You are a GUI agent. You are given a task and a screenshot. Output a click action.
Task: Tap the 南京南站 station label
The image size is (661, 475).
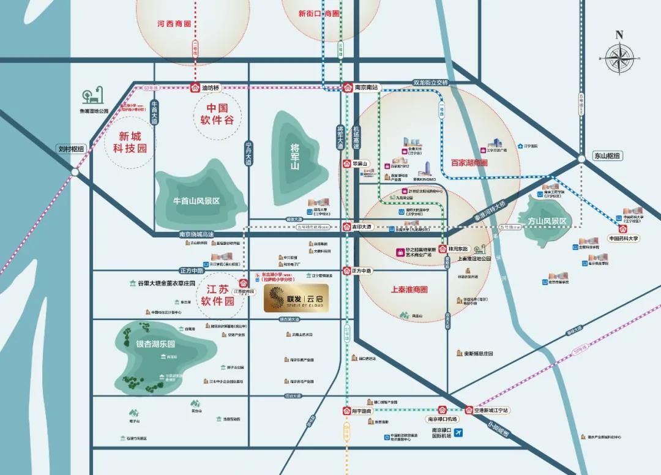pyautogui.click(x=367, y=88)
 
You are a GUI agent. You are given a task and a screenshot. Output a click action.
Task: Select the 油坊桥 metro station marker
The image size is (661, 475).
pyautogui.click(x=195, y=88)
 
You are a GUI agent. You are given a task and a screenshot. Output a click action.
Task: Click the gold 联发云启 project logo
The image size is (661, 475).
pyautogui.click(x=296, y=298)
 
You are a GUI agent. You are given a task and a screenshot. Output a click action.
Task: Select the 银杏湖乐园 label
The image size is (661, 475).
pyautogui.click(x=155, y=344)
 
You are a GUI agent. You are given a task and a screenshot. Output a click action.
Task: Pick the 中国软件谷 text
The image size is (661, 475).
pyautogui.click(x=217, y=113)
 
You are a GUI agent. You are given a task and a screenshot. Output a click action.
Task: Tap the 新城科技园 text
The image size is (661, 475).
pyautogui.click(x=130, y=141)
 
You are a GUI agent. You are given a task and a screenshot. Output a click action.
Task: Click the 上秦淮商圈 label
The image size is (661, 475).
pyautogui.click(x=408, y=290)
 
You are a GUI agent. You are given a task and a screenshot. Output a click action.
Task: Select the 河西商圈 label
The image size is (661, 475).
pyautogui.click(x=174, y=24)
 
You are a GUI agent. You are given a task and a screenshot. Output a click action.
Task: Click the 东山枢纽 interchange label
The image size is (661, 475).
pyautogui.click(x=607, y=155)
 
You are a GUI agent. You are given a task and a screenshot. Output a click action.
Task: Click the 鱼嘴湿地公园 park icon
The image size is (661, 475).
pyautogui.click(x=94, y=97)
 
